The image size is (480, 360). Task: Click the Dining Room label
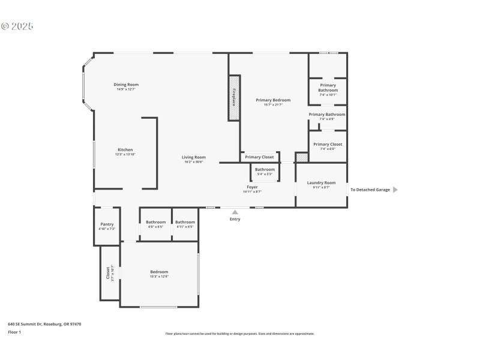[126, 85]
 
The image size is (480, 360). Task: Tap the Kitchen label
[125, 150]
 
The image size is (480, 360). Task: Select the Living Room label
[194, 157]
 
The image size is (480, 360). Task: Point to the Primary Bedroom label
[273, 100]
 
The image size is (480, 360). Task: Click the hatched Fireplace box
[234, 98]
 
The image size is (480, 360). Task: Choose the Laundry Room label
[321, 182]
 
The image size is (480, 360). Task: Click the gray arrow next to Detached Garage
[395, 190]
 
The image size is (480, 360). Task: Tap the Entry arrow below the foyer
[235, 212]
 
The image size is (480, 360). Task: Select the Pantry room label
[106, 224]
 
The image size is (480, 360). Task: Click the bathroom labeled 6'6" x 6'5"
[156, 222]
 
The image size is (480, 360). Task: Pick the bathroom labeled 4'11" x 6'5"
[185, 222]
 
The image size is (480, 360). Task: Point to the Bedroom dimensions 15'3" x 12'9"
[159, 276]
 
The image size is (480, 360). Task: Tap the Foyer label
[252, 187]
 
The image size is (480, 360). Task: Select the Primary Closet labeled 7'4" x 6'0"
[328, 145]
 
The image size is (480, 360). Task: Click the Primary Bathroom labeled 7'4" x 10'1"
[328, 88]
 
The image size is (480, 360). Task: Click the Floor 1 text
[14, 332]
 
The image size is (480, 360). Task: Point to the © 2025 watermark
[17, 26]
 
